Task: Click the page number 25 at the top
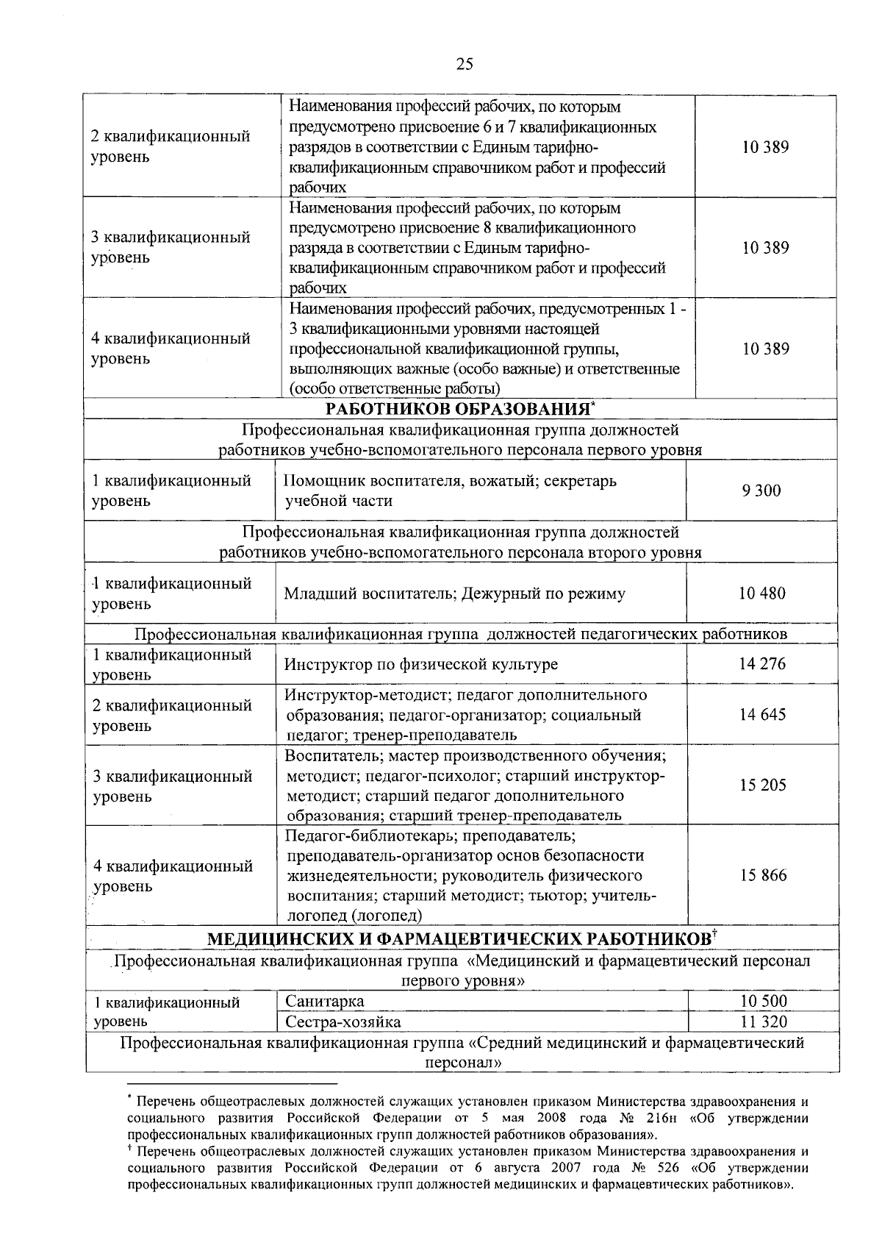[465, 64]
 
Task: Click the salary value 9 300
[761, 491]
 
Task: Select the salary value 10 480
[762, 593]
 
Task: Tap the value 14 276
[762, 664]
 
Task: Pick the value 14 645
[762, 715]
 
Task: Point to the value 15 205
[762, 785]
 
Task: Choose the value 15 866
[762, 875]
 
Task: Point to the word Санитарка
[324, 1001]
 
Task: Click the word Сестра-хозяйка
[343, 1022]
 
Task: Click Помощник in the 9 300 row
[320, 481]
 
